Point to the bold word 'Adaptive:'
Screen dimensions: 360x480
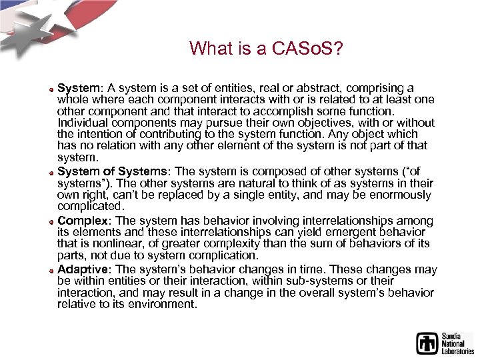pyautogui.click(x=85, y=269)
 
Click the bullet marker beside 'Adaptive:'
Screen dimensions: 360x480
pyautogui.click(x=51, y=270)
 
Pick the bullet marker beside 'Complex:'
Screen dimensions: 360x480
pyautogui.click(x=51, y=221)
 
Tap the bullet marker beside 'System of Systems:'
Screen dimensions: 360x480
pyautogui.click(x=51, y=172)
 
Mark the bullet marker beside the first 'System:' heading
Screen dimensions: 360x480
pyautogui.click(x=51, y=89)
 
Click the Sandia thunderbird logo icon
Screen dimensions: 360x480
pyautogui.click(x=427, y=343)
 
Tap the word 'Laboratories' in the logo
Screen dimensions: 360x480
pyautogui.click(x=457, y=350)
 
